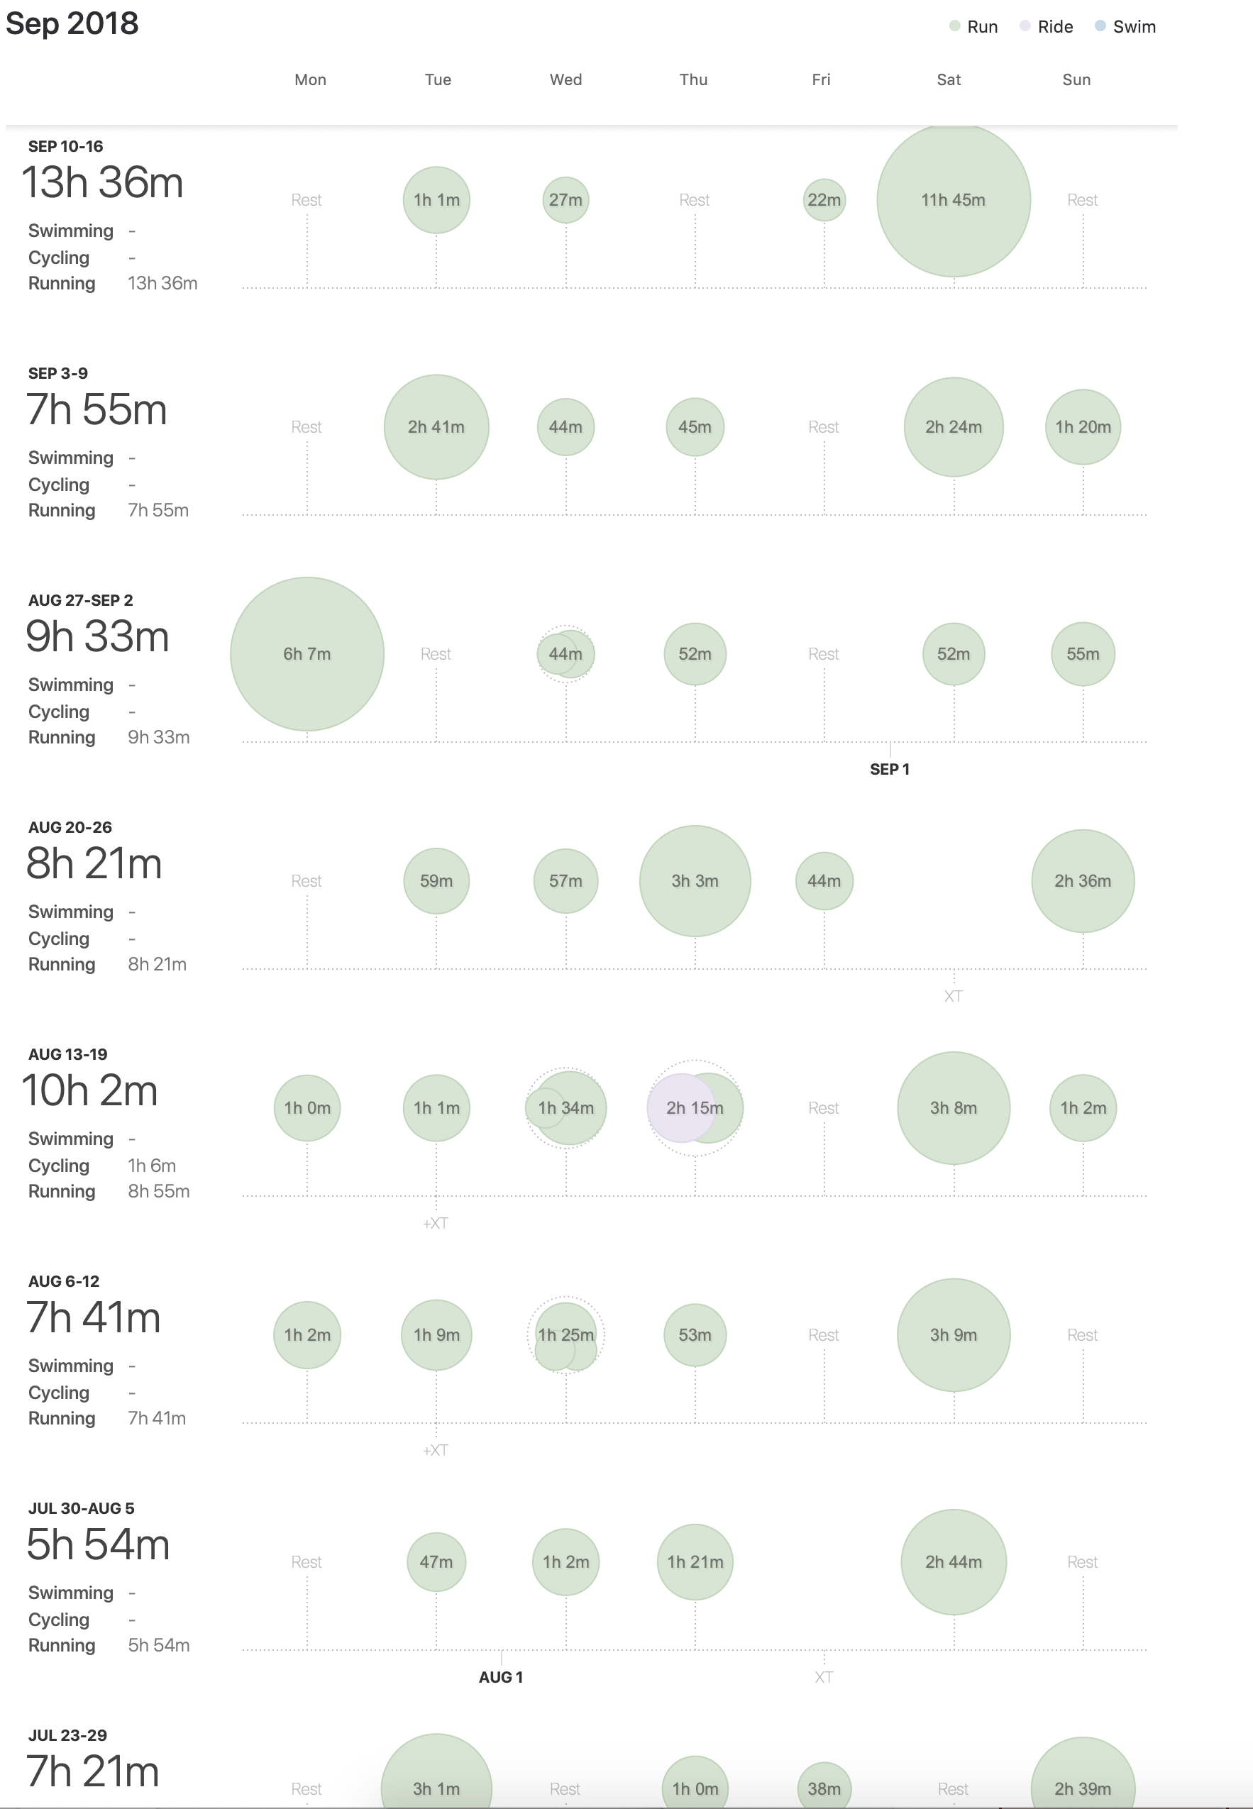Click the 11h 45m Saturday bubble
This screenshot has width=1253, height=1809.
coord(953,200)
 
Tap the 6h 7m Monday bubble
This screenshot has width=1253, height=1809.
coord(307,654)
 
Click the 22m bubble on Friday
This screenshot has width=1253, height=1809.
coord(824,200)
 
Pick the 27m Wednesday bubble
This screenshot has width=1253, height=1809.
coord(565,200)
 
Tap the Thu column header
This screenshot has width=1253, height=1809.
coord(693,79)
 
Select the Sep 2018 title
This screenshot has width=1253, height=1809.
coord(72,23)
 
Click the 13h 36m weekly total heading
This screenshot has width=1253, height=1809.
coord(102,183)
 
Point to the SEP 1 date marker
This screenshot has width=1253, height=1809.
coord(890,769)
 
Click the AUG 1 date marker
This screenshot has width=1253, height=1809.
coord(501,1677)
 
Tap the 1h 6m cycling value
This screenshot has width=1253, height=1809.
coord(152,1166)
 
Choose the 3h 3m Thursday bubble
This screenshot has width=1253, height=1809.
coord(695,880)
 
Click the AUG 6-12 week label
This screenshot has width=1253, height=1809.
coord(64,1280)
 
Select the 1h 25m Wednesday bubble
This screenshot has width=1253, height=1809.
coord(565,1334)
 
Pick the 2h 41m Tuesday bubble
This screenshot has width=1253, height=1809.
coord(436,427)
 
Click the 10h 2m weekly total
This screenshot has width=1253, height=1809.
coord(89,1091)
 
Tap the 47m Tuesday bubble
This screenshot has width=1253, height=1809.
coord(436,1562)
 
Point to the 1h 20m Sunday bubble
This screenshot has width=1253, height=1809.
coord(1083,427)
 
